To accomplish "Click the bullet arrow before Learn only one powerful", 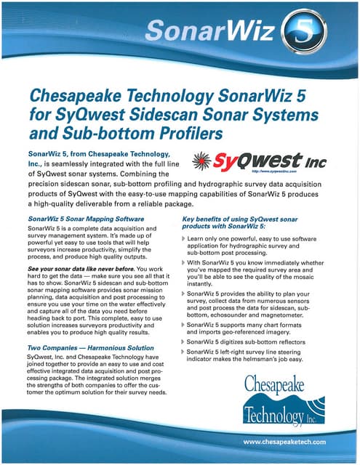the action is (x=183, y=239).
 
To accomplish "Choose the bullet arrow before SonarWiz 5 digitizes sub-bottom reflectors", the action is (x=183, y=341).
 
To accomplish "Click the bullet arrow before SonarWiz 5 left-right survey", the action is (x=183, y=352).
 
